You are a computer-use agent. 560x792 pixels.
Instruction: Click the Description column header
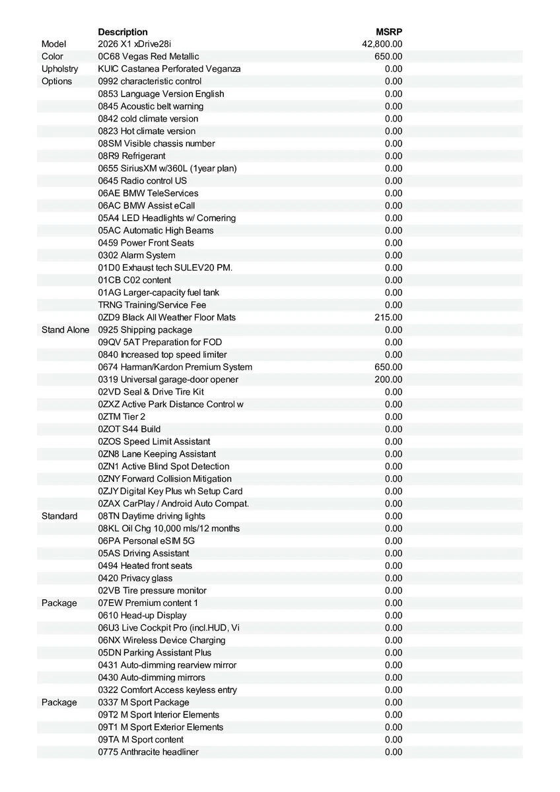123,32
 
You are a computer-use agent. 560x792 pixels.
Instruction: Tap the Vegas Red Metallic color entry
149,57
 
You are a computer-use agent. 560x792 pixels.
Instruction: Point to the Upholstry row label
59,69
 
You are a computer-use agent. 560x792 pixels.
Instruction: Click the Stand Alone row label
65,330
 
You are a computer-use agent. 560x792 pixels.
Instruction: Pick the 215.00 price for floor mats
388,317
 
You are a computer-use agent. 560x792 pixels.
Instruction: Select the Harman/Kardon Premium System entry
175,367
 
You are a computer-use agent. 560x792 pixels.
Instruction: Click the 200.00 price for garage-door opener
388,379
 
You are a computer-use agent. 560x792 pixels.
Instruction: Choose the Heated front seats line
145,566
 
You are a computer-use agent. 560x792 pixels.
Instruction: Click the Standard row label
59,516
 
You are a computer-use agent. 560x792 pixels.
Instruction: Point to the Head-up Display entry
142,615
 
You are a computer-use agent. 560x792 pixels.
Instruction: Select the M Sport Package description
143,702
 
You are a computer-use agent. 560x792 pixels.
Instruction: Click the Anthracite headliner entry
148,752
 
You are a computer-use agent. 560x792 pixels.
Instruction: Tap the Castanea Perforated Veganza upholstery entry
169,69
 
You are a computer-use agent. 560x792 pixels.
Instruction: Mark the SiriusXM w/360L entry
167,168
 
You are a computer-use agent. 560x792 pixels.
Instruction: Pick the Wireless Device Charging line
162,640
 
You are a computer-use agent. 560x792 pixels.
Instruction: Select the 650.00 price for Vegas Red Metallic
388,57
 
